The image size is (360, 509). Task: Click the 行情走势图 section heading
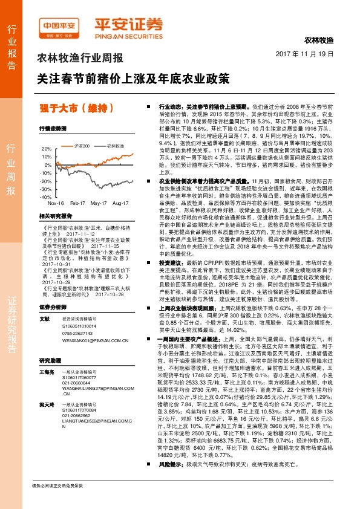52,129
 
